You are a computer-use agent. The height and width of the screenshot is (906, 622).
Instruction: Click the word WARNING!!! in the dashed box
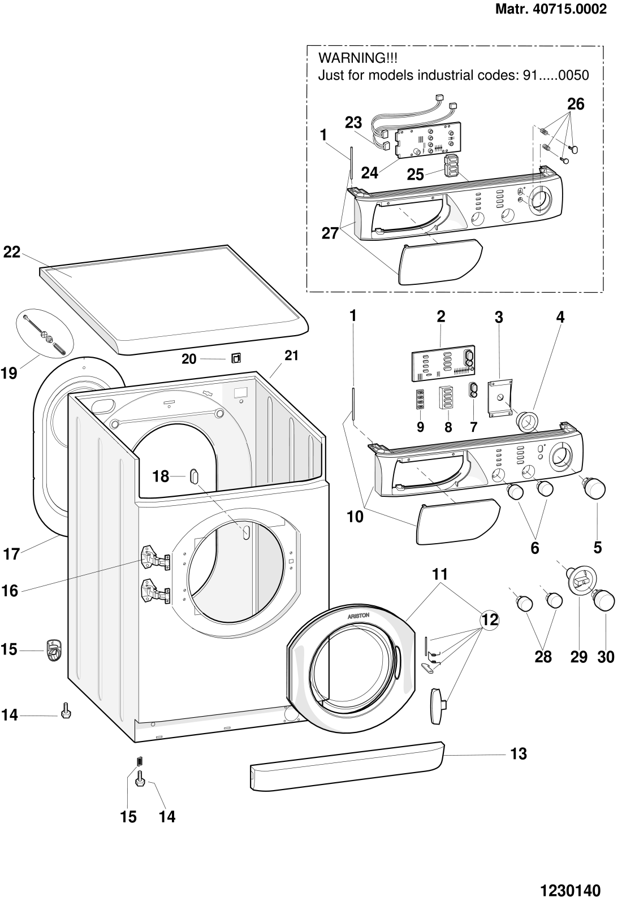(358, 58)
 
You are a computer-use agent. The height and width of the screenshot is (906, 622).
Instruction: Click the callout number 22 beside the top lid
(12, 252)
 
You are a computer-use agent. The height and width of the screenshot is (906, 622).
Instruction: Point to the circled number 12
(490, 619)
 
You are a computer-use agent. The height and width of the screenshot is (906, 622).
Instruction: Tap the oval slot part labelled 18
(194, 476)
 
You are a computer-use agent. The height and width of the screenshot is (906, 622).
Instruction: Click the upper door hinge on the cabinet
(155, 558)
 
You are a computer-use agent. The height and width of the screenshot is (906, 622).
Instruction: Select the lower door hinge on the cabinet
(155, 592)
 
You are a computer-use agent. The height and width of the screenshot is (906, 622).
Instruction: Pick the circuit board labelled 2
(443, 363)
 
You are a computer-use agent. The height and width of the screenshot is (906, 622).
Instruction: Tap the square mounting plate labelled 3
(500, 398)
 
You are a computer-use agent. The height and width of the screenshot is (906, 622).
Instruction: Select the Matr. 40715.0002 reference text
(551, 9)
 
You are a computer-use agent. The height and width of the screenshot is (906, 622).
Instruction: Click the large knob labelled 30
(603, 601)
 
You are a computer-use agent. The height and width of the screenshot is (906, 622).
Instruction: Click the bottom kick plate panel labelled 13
(347, 765)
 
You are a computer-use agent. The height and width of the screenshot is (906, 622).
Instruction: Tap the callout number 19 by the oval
(9, 373)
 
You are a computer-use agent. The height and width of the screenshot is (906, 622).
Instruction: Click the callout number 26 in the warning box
(576, 105)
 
